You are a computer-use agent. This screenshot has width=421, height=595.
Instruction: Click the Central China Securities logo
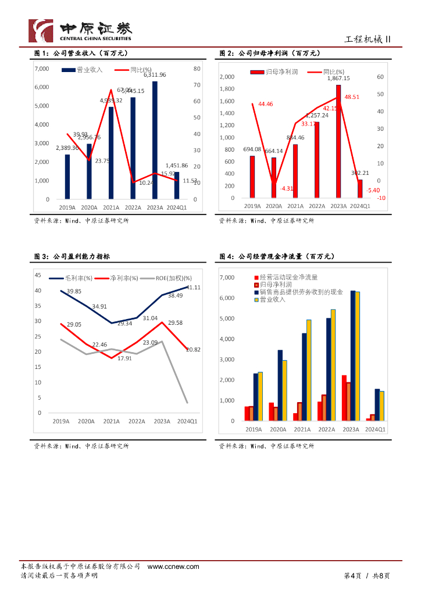point(80,30)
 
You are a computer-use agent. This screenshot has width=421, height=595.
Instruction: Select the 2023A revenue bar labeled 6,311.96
point(155,139)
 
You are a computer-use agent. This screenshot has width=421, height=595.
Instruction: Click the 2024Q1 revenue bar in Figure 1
point(176,185)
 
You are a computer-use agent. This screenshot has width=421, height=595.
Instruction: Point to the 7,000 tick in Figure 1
point(42,69)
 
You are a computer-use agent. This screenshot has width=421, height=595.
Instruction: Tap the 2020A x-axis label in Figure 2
point(274,206)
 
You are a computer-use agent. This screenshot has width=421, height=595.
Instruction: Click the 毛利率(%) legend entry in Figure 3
point(76,278)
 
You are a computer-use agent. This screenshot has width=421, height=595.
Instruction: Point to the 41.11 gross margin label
point(194,288)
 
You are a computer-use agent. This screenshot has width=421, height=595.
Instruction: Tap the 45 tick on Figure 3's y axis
point(38,275)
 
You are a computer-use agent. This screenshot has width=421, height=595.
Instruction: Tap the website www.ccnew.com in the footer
point(173,567)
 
